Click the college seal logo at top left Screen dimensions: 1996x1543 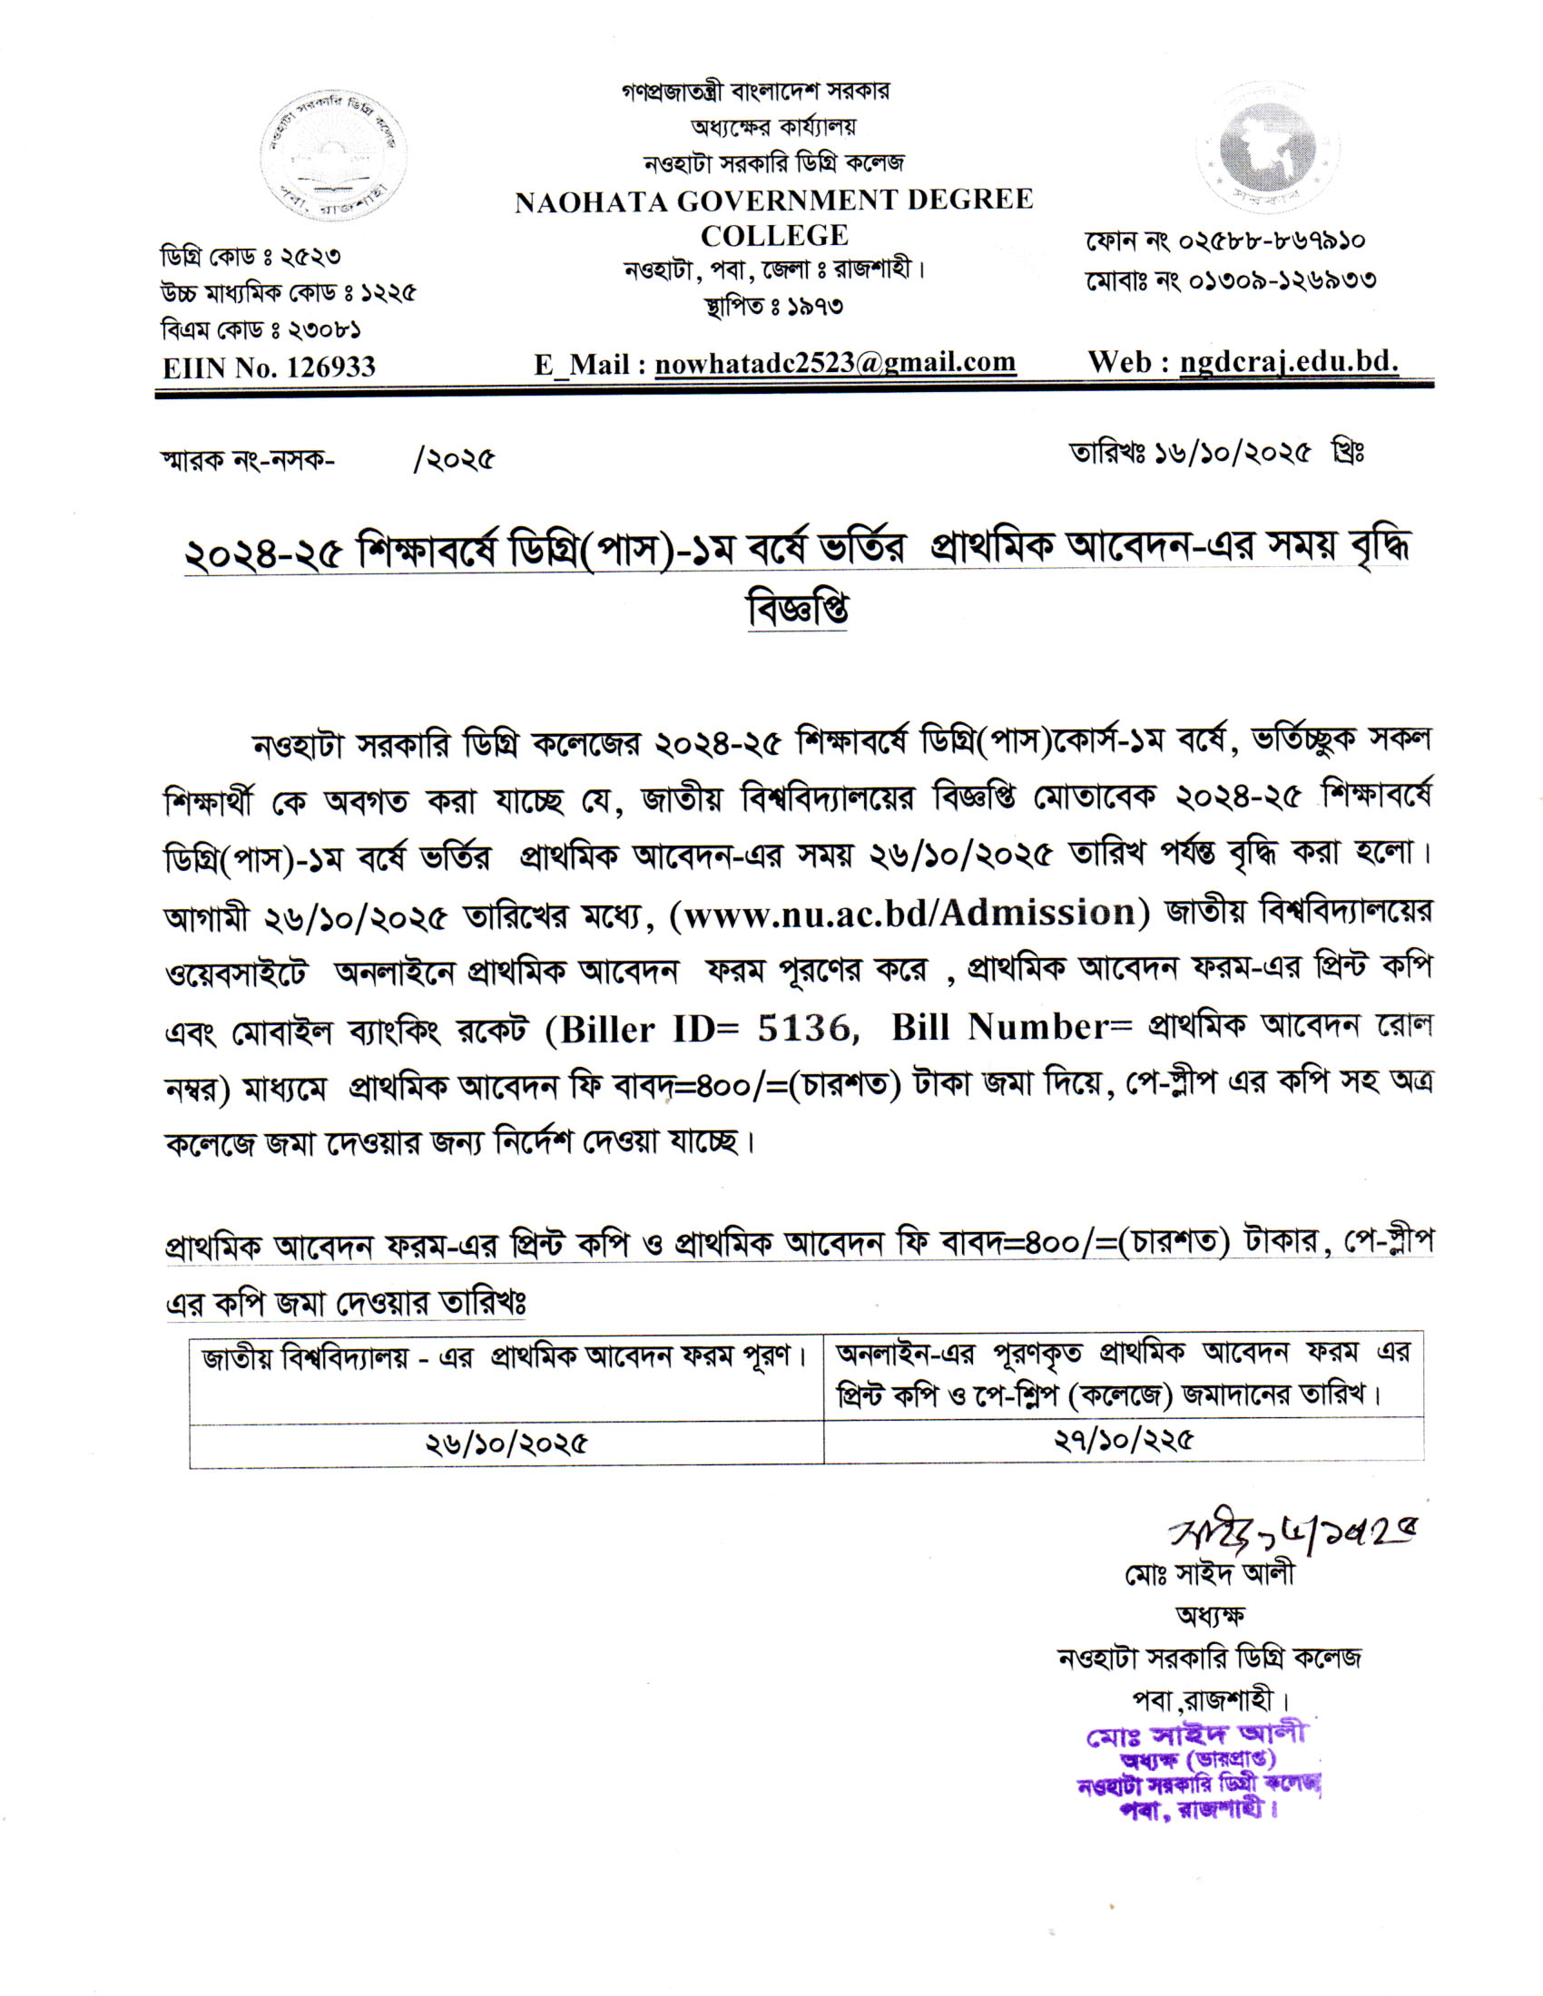tap(334, 154)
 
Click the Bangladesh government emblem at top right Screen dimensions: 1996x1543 tap(1267, 147)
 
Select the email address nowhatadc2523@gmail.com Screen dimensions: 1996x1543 tap(834, 364)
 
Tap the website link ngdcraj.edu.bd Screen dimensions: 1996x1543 tap(1288, 363)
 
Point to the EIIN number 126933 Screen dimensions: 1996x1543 tap(331, 367)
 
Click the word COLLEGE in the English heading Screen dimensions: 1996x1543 tap(774, 236)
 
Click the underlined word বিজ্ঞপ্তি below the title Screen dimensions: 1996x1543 tap(797, 609)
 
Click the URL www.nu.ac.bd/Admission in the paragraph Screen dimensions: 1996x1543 tap(909, 913)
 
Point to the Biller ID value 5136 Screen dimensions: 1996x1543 tap(803, 1028)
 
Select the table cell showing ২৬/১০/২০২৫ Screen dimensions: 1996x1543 tap(506, 1444)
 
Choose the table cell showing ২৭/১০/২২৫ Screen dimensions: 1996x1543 tap(1124, 1443)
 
